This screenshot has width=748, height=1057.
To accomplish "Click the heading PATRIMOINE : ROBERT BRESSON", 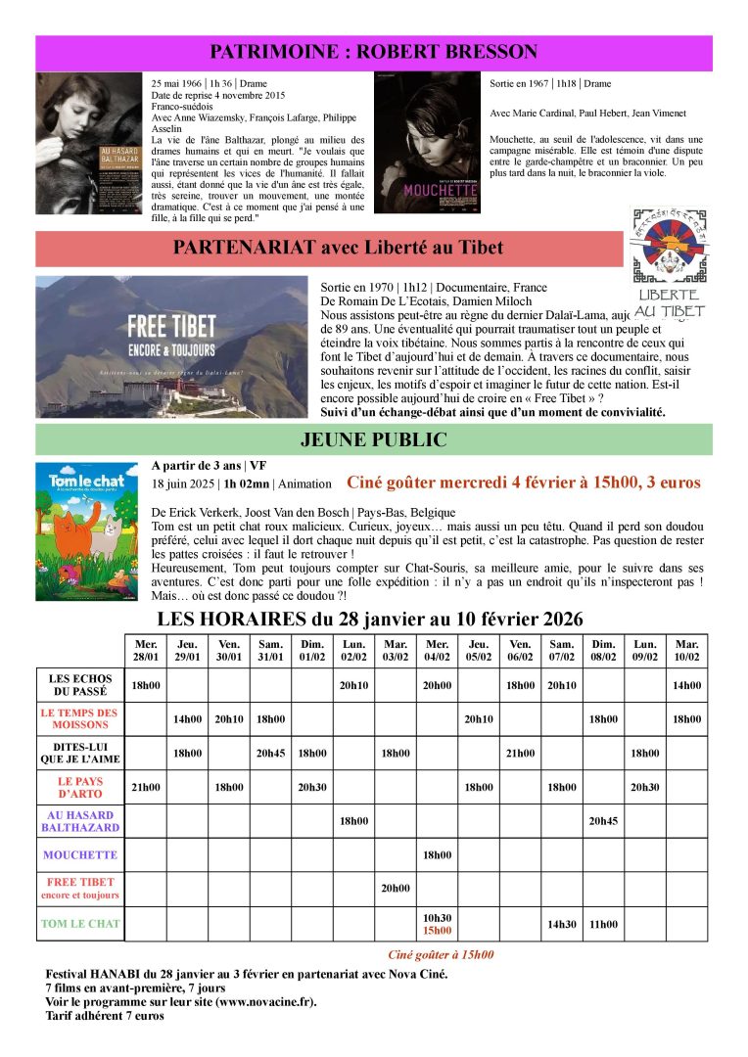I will [x=374, y=52].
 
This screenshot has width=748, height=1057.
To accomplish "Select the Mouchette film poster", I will [x=428, y=143].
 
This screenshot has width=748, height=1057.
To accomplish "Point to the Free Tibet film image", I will [x=171, y=345].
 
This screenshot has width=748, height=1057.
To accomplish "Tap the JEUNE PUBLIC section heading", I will [x=374, y=440].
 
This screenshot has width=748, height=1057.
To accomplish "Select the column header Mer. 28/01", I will [x=145, y=651].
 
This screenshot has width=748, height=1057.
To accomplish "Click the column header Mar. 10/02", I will [x=686, y=651].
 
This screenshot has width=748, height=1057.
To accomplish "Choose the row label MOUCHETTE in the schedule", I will [x=80, y=854].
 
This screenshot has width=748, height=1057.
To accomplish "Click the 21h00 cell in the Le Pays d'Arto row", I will [x=145, y=787].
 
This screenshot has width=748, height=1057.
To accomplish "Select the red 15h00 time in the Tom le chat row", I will [x=437, y=931].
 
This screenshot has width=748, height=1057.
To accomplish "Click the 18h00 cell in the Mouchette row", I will [x=437, y=854].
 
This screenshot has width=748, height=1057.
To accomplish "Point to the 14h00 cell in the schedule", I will [x=686, y=685].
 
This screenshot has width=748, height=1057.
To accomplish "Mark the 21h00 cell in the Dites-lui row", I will [x=520, y=753].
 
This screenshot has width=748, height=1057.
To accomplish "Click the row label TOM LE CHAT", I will [x=80, y=923].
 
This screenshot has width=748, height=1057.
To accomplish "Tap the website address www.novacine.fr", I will [x=268, y=1001].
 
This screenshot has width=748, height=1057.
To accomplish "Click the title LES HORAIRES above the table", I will [x=370, y=619].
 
